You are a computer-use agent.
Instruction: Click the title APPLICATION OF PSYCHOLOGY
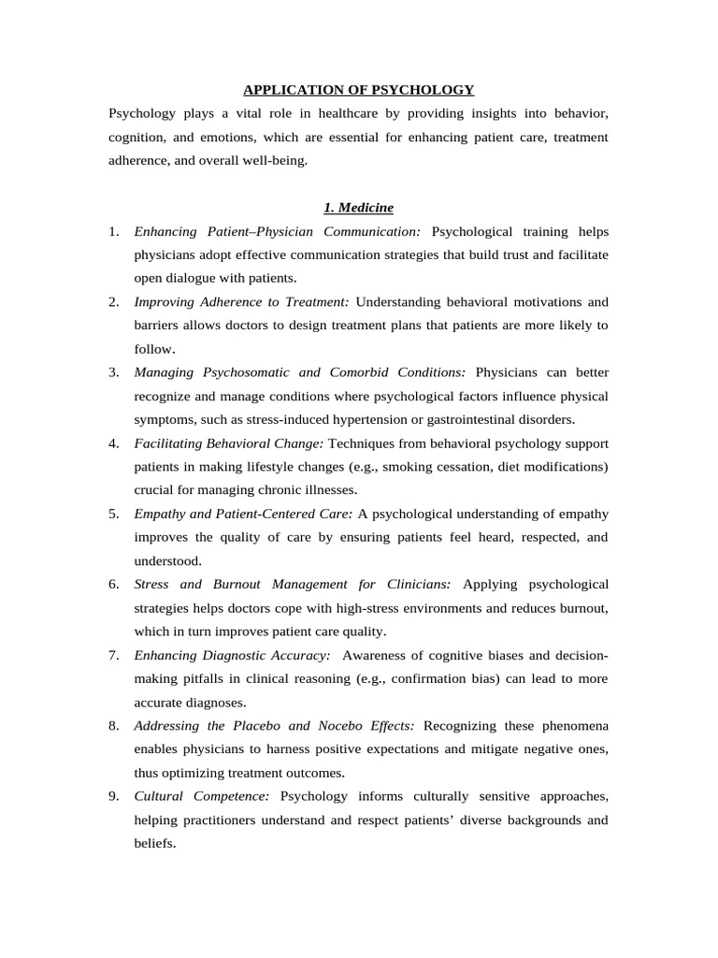coord(359,90)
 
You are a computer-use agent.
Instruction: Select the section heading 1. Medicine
coord(359,207)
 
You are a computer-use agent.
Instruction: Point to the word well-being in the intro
coord(274,160)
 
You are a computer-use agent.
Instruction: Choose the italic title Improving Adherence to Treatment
coord(242,301)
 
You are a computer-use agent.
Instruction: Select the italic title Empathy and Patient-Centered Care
coord(243,514)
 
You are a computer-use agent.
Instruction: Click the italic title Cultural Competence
coord(202,796)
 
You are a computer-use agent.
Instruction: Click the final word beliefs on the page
coord(153,843)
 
